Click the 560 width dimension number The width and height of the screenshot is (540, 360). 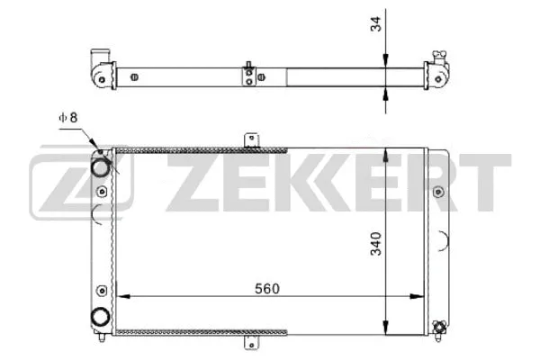pyautogui.click(x=266, y=288)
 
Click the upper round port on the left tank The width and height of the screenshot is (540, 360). pyautogui.click(x=102, y=166)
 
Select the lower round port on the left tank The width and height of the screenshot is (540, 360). pyautogui.click(x=102, y=317)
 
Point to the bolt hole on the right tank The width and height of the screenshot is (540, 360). pyautogui.click(x=438, y=192)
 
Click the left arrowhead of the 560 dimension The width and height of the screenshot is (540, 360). pyautogui.click(x=123, y=298)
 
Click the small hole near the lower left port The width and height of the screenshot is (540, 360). pyautogui.click(x=102, y=290)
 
